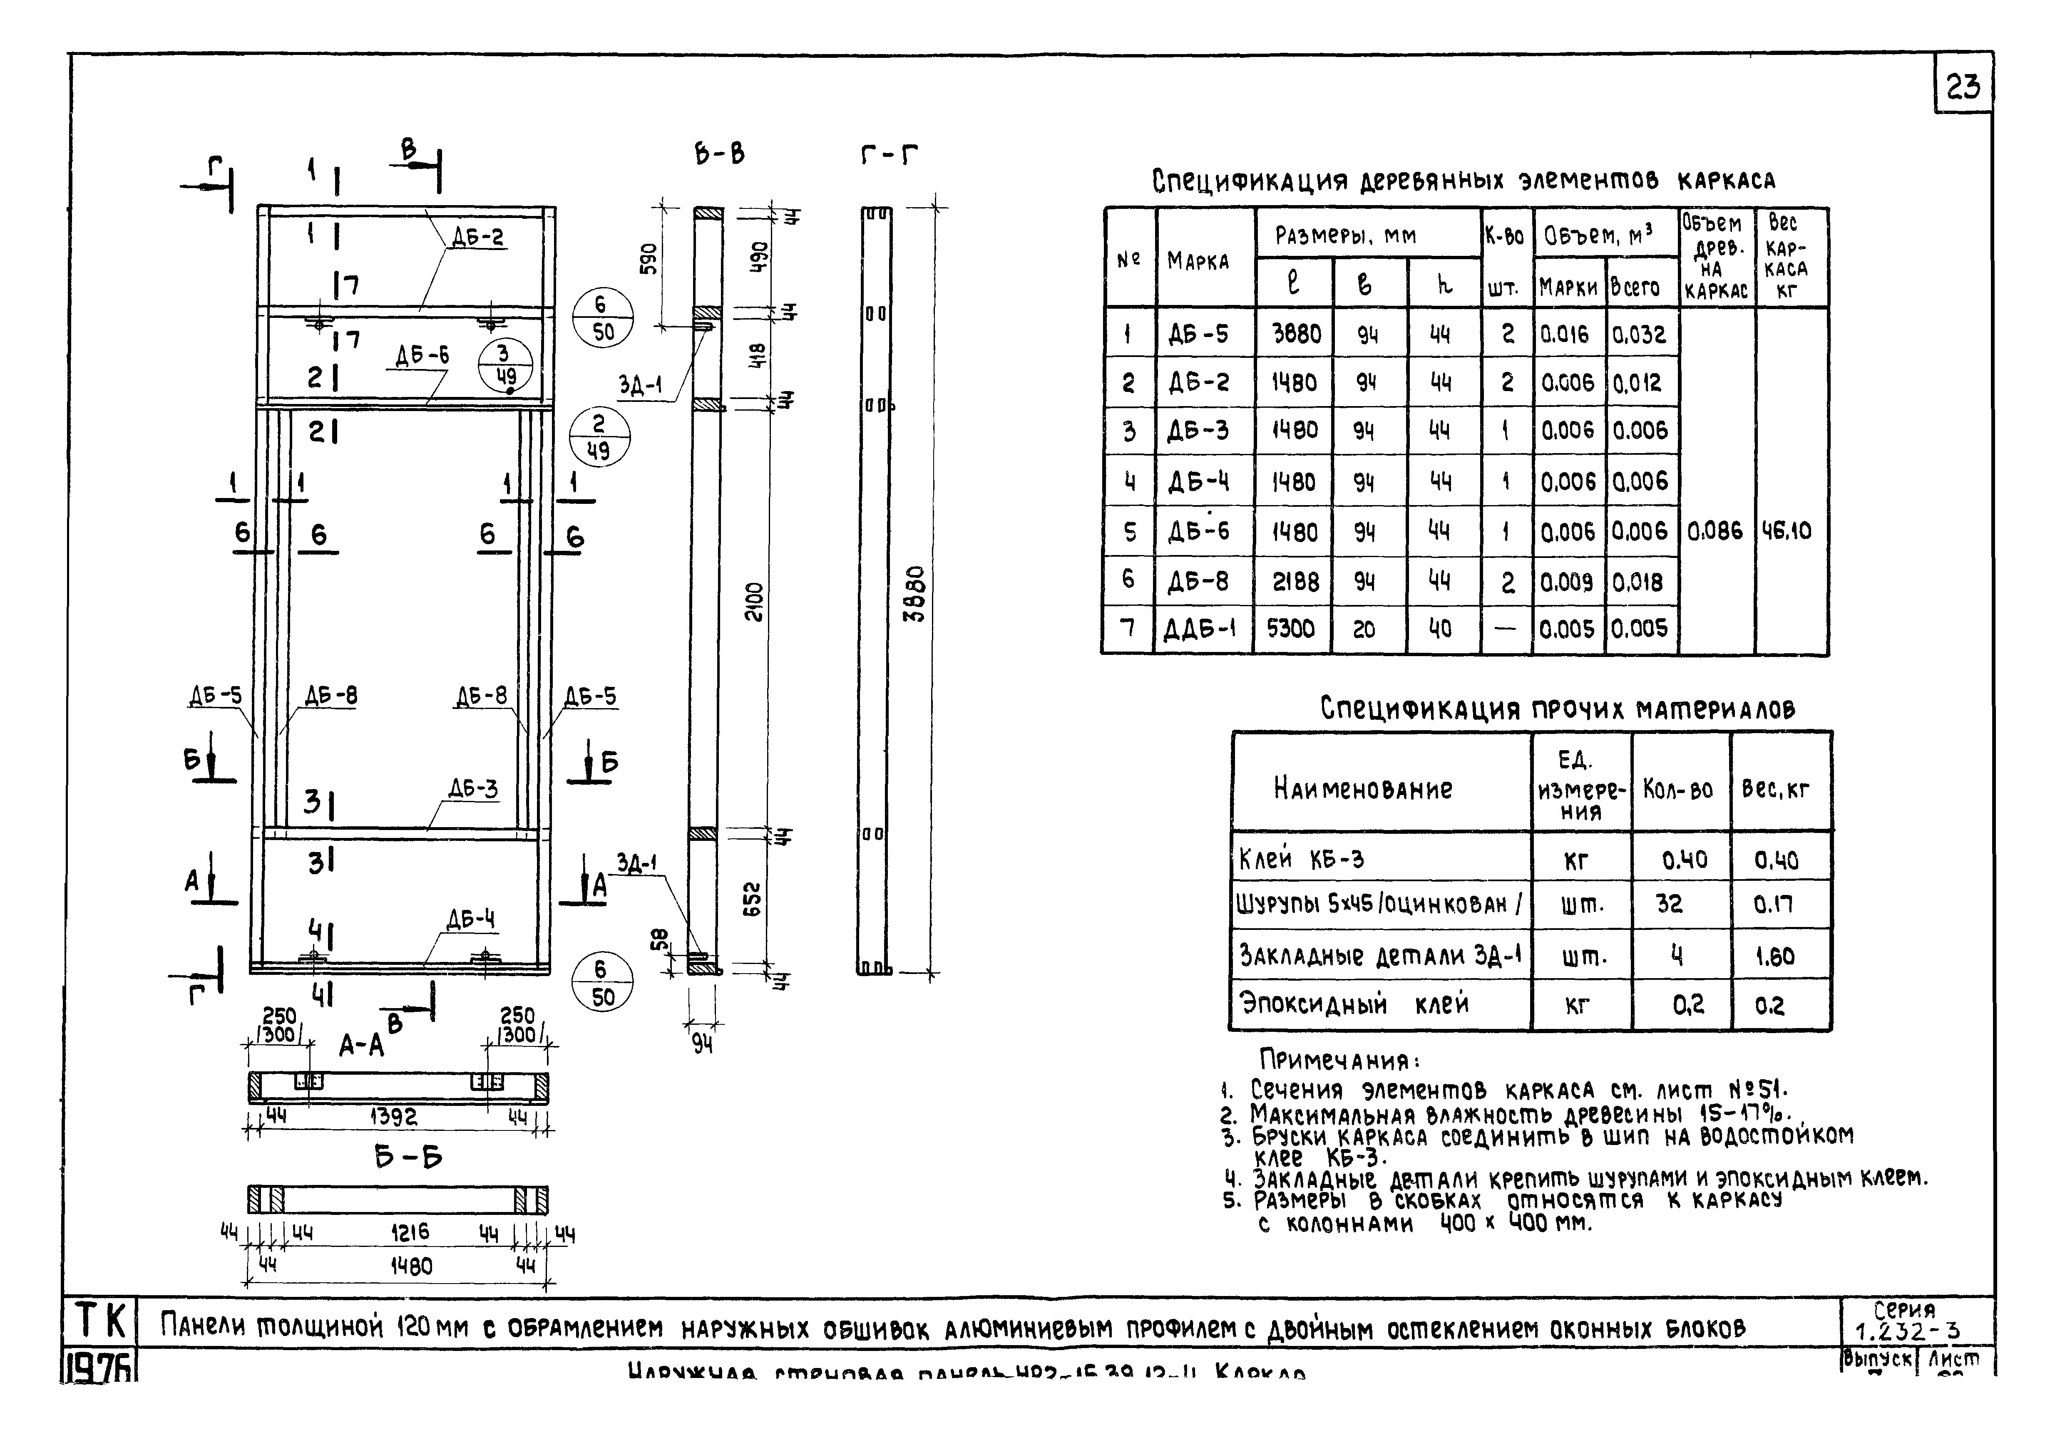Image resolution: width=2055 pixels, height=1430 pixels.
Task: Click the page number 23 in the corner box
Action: click(1963, 87)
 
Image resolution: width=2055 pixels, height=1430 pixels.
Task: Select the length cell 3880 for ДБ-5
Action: click(1296, 334)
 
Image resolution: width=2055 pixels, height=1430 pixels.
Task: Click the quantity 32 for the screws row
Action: click(1669, 904)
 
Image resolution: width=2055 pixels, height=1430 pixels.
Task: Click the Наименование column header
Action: click(1362, 788)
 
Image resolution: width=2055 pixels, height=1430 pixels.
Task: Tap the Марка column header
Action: click(1198, 261)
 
